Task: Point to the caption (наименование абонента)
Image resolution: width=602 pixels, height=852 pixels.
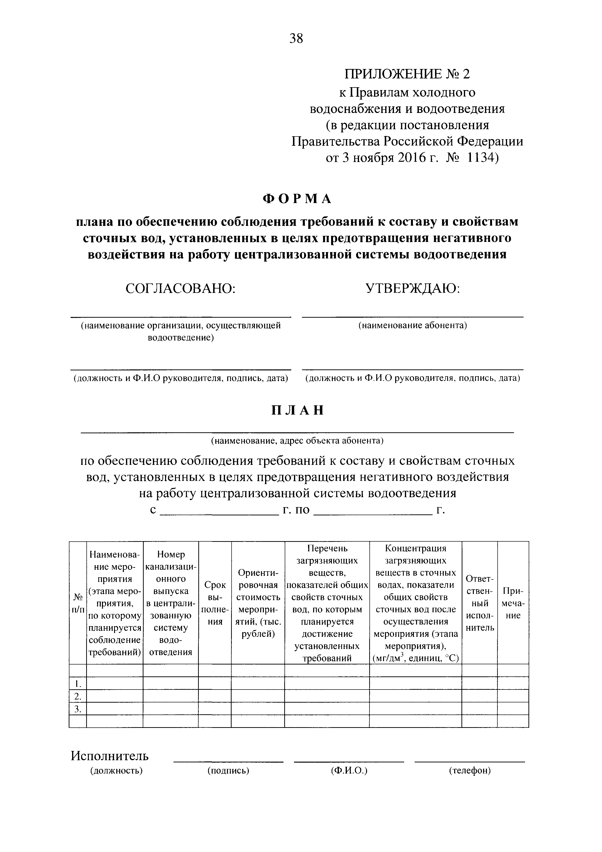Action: pos(412,325)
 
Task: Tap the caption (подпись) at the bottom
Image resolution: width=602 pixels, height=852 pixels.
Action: pos(228,771)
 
